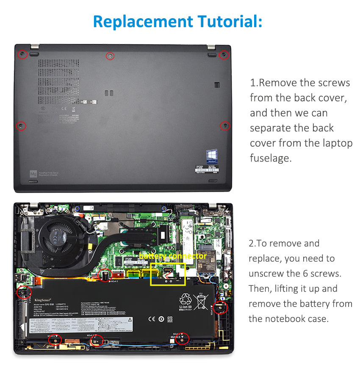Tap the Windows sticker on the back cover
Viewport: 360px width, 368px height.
click(212, 155)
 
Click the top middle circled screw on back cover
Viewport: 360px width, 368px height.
click(110, 56)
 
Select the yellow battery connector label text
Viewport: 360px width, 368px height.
click(172, 256)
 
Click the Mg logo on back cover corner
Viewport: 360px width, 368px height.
click(33, 174)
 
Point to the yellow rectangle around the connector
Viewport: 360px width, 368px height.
click(168, 274)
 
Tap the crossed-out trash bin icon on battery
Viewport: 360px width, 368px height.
click(202, 302)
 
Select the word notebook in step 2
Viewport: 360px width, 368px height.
click(292, 319)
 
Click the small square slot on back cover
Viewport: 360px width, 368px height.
click(217, 85)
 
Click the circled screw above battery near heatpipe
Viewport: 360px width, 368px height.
click(104, 276)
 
